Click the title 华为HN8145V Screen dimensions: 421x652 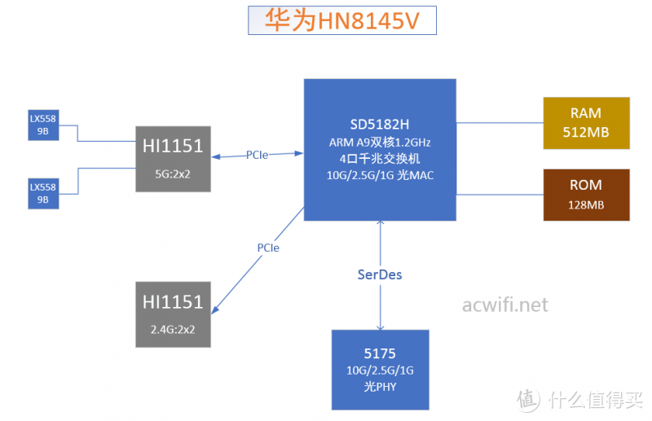(x=341, y=20)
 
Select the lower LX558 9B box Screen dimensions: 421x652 (x=43, y=193)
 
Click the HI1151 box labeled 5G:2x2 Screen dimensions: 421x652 (x=173, y=159)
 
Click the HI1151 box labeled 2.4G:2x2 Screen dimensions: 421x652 (x=173, y=314)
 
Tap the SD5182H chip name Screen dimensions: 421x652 (x=381, y=125)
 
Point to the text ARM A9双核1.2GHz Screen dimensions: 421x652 (x=381, y=142)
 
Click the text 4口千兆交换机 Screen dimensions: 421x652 (x=381, y=160)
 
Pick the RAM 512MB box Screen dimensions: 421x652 (x=587, y=123)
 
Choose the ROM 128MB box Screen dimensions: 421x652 (x=587, y=195)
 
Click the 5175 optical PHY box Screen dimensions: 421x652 (x=380, y=369)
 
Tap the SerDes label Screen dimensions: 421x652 (x=380, y=274)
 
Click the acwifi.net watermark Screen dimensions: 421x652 (x=504, y=305)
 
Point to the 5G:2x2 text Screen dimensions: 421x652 (x=173, y=173)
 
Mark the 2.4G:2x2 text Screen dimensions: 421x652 (x=173, y=329)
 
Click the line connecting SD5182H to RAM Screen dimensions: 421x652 (x=500, y=124)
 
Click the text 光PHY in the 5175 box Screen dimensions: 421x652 (x=380, y=387)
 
